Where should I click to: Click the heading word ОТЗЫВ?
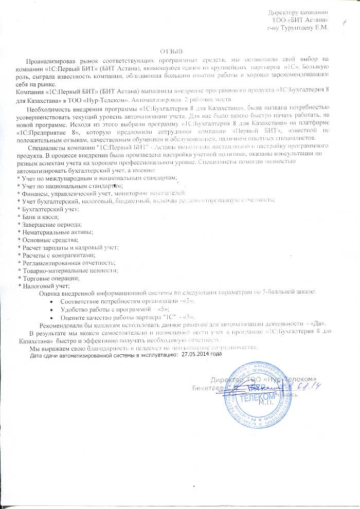point(171,51)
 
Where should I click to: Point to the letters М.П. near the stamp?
point(266,404)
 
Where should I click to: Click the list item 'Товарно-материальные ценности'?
point(67,269)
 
